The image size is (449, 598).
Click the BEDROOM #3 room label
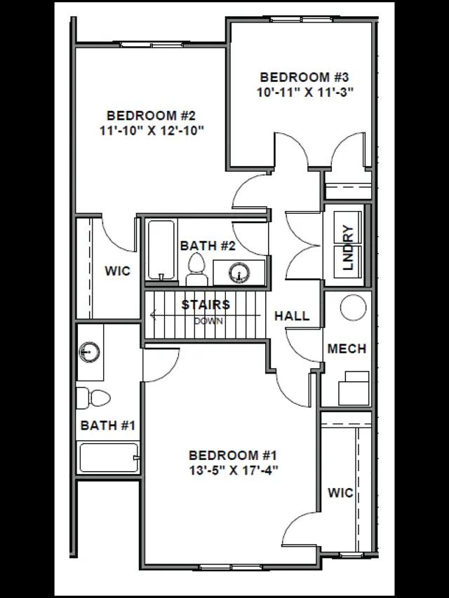pos(304,77)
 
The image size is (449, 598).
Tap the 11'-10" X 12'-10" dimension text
pos(152,131)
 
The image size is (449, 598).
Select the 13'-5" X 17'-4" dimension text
pos(233,470)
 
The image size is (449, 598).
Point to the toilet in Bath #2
pos(196,269)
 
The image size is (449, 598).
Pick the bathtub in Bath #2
pos(161,250)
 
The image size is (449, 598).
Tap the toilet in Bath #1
pos(93,398)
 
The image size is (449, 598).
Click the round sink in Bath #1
pos(90,352)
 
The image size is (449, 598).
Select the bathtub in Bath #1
pos(109,458)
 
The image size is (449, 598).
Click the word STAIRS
pos(206,305)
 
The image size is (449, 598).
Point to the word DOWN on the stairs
pos(208,321)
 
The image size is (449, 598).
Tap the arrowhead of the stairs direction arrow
pos(153,315)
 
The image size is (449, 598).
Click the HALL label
pos(292,315)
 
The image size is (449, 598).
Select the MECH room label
pos(347,348)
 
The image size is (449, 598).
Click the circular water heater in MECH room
pos(353,307)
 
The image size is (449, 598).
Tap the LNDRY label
pos(349,248)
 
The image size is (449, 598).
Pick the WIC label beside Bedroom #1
pos(340,493)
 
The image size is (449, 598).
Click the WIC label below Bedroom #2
pos(118,271)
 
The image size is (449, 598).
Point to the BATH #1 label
pos(108,426)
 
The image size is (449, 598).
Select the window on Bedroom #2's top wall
pos(152,45)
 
